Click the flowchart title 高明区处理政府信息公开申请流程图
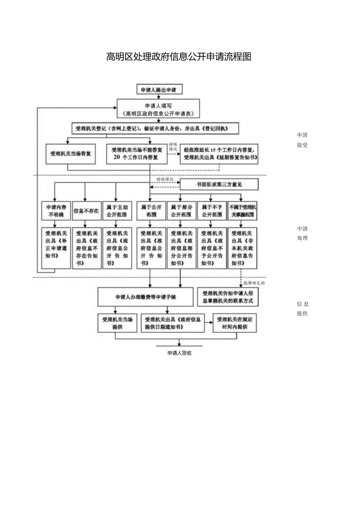pos(179,57)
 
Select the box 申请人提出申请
pos(159,90)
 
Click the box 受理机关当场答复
pos(71,154)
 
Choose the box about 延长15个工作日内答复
pos(221,154)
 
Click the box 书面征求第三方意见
pos(219,184)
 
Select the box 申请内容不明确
pos(56,210)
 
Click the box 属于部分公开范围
pos(181,210)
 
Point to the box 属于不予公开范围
pos(211,210)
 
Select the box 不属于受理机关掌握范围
pos(242,210)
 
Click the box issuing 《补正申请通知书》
pos(56,248)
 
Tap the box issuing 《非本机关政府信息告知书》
pos(242,248)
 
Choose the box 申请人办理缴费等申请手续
pos(146,297)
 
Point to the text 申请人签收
pos(179,353)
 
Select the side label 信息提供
pos(302,309)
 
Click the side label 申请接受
pos(302,140)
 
